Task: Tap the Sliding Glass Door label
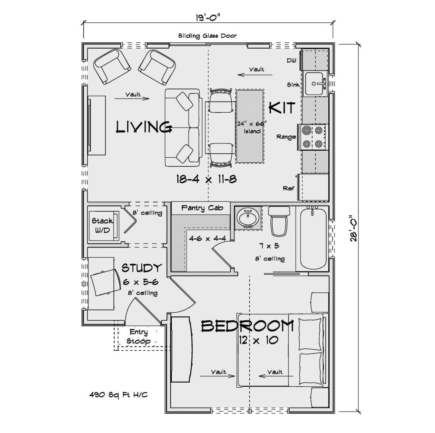pos(207,36)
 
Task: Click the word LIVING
pos(144,127)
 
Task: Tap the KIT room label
pos(282,108)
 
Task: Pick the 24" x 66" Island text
pos(252,127)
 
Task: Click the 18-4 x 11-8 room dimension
pos(206,180)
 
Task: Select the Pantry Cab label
pos(202,208)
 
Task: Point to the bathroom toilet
pos(279,221)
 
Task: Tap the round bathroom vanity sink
pos(248,217)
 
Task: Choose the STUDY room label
pos(142,268)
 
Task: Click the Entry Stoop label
pos(138,336)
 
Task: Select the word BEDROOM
pos(248,326)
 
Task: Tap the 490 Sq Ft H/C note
pos(118,395)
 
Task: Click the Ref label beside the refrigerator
pos(289,188)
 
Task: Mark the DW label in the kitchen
pos(291,61)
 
